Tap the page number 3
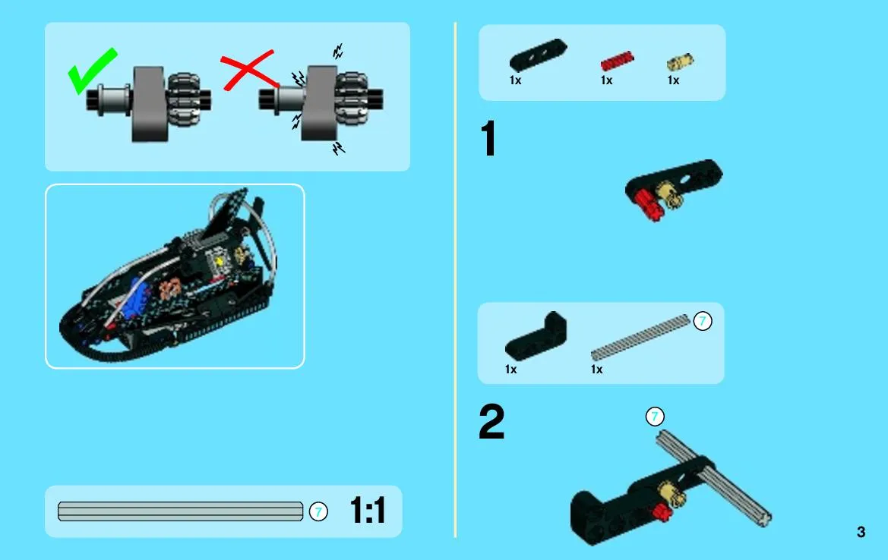click(x=861, y=532)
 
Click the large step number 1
click(x=488, y=138)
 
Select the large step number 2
click(x=491, y=421)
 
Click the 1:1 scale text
click(x=368, y=510)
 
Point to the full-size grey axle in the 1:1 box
click(x=180, y=511)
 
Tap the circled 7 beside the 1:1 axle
click(x=318, y=512)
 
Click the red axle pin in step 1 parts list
click(x=617, y=61)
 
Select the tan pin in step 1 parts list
click(x=680, y=61)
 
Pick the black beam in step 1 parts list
click(x=538, y=55)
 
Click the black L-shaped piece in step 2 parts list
click(x=536, y=337)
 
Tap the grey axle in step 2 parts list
click(x=640, y=338)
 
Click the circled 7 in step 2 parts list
click(x=702, y=321)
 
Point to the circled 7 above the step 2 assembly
click(x=655, y=417)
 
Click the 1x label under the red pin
click(x=606, y=80)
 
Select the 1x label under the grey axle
click(x=596, y=370)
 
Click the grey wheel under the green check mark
click(x=150, y=103)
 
